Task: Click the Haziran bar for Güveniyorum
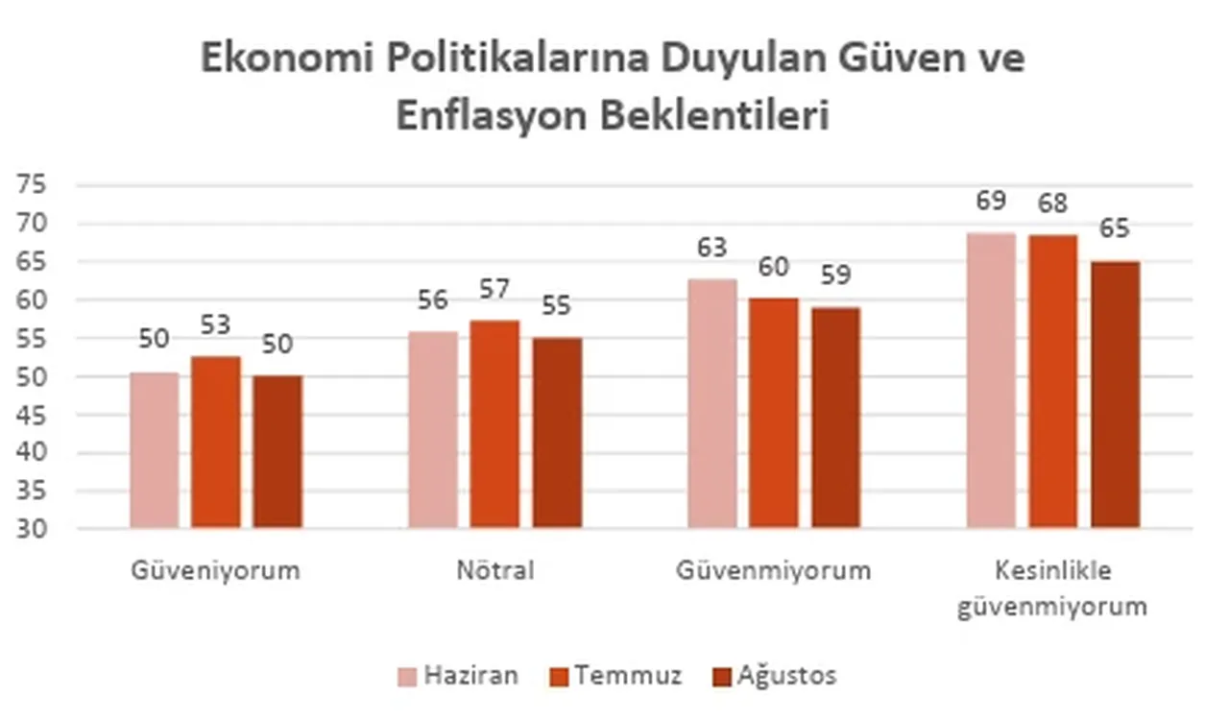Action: [155, 450]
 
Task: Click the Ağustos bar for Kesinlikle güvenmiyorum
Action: [1116, 395]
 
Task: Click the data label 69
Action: [991, 202]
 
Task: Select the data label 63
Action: [711, 248]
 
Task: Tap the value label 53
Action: [216, 325]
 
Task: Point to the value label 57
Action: [494, 289]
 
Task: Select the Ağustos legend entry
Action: [774, 676]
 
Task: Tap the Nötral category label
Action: [494, 570]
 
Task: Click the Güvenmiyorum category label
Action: [773, 570]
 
